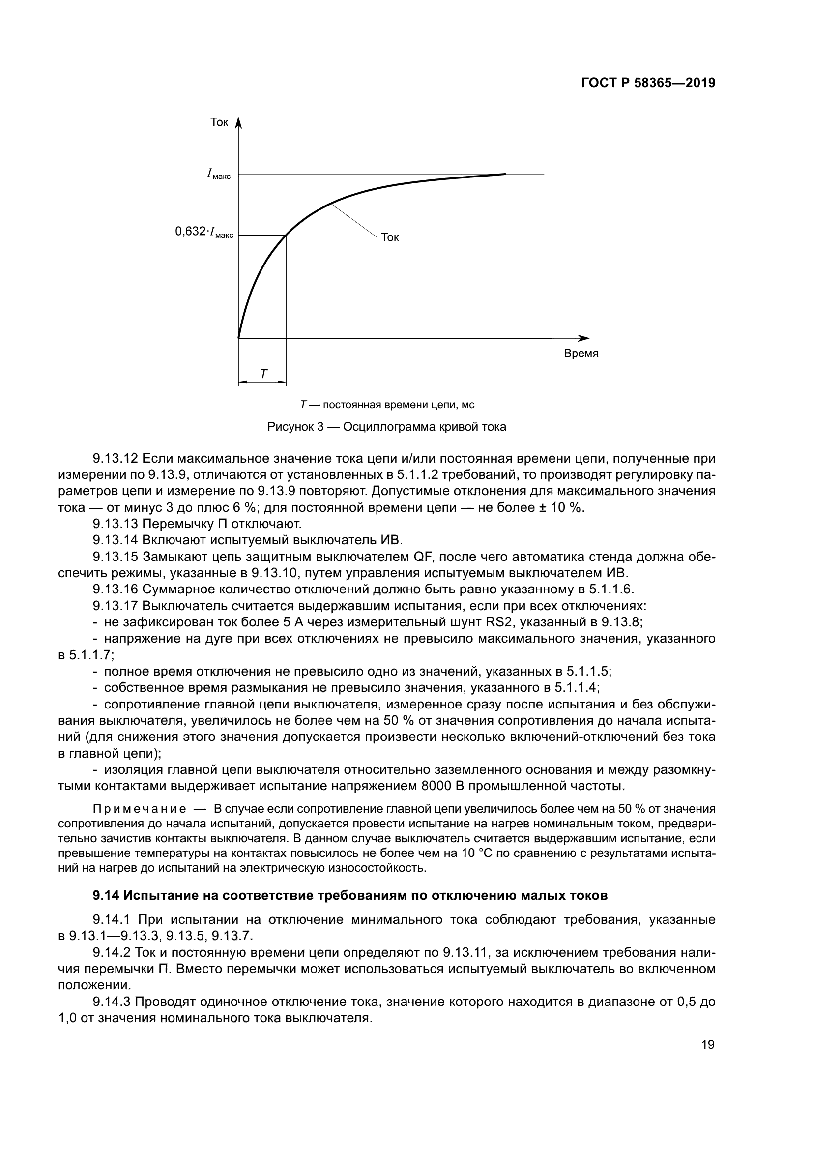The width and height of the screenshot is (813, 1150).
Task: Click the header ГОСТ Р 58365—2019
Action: pyautogui.click(x=648, y=84)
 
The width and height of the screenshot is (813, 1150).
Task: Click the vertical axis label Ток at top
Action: pyautogui.click(x=219, y=123)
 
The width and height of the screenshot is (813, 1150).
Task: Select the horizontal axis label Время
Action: pyautogui.click(x=581, y=354)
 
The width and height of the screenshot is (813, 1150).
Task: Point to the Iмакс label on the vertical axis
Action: pyautogui.click(x=219, y=175)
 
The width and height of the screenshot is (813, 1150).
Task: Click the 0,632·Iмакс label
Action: pyautogui.click(x=204, y=232)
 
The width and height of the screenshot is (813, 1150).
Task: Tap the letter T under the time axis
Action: pyautogui.click(x=263, y=374)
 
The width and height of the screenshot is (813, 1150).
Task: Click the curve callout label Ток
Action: pyautogui.click(x=390, y=238)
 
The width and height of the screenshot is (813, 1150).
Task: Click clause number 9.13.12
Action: pyautogui.click(x=116, y=459)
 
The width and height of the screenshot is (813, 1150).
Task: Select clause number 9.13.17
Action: pyautogui.click(x=116, y=606)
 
